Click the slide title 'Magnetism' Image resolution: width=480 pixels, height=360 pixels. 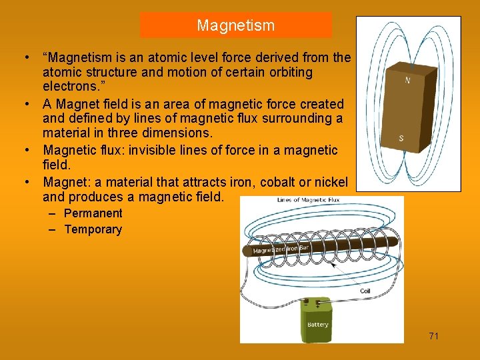tap(235, 26)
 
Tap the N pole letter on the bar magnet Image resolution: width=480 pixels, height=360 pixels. tap(407, 81)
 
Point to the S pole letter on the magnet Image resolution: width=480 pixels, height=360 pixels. tap(401, 138)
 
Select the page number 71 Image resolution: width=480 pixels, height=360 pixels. tap(433, 336)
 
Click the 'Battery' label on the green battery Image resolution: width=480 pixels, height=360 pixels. tap(317, 325)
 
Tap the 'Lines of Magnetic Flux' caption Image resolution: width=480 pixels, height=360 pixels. tap(308, 200)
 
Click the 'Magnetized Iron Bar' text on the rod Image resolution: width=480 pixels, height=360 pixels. tap(281, 249)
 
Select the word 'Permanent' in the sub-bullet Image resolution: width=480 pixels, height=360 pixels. tap(93, 213)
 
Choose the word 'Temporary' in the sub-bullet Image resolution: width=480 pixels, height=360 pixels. tap(93, 230)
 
